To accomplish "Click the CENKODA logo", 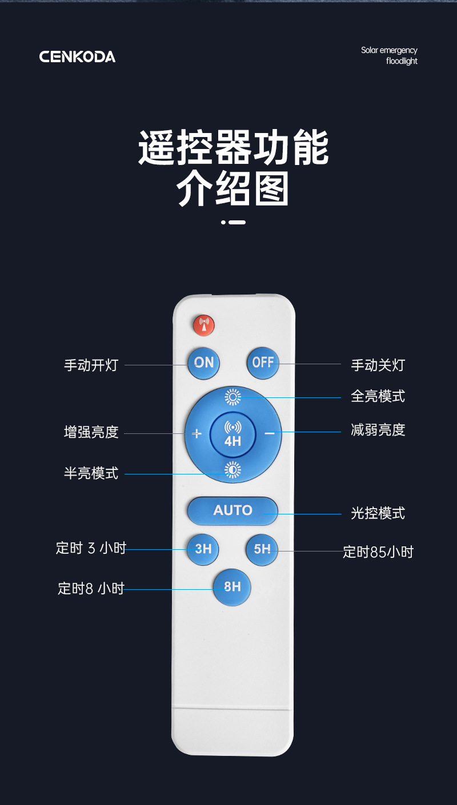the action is pos(77,57).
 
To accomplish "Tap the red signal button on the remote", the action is pos(203,325).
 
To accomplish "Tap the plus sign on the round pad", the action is pos(197,434).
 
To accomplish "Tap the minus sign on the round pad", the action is pos(270,434).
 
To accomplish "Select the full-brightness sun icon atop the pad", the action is pos(232,396).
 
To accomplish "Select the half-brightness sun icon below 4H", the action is pos(232,469).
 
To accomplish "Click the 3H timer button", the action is pos(203,549).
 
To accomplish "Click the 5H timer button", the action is pos(262,549).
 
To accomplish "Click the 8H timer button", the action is pos(232,587).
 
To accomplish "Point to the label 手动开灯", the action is pos(91,365).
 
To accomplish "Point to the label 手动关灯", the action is pos(378,365).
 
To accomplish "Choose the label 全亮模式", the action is pos(378,396).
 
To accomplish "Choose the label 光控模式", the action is pos(378,513).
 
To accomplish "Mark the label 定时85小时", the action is pos(378,552).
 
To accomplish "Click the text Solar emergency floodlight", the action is pos(390,56).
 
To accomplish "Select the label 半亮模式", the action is pos(91,473).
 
